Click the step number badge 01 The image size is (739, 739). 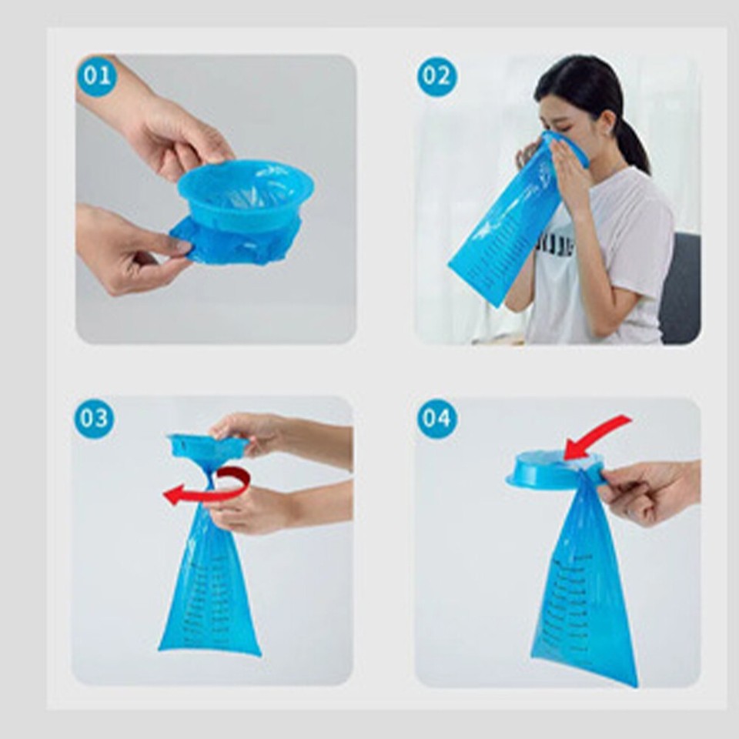[x=97, y=76]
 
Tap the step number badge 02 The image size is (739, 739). [x=436, y=77]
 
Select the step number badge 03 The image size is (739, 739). [x=94, y=419]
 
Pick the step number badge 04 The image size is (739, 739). [x=436, y=419]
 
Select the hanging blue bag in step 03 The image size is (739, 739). [x=209, y=593]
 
